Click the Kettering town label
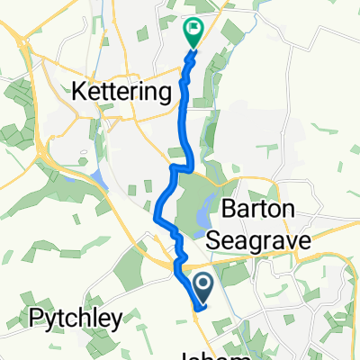tap(121, 92)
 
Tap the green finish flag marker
tap(193, 33)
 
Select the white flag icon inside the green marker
tap(193, 30)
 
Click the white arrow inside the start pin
tap(203, 286)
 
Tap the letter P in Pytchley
tap(36, 318)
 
